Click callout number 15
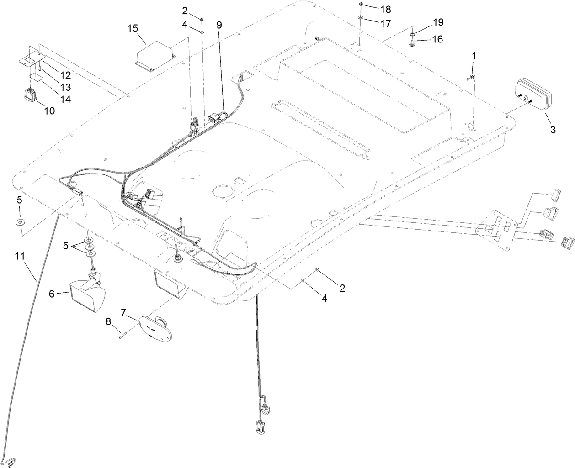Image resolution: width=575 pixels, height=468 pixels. (133, 29)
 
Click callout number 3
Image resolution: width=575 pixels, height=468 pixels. (553, 130)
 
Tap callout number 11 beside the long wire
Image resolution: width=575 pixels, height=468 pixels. (19, 257)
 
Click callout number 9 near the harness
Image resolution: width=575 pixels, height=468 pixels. (219, 25)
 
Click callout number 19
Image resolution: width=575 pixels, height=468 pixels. (437, 22)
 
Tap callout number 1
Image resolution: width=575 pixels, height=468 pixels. (474, 56)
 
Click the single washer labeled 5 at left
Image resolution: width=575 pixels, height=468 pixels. (20, 222)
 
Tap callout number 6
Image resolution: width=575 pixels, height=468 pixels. (52, 294)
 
